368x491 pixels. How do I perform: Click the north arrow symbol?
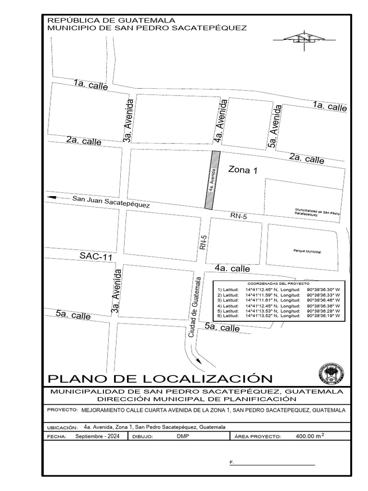(303, 39)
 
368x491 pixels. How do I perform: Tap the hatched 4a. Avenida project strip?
(212, 180)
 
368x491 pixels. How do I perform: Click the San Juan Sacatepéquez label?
(111, 201)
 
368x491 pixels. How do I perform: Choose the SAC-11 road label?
(96, 257)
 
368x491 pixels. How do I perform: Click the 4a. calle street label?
(232, 269)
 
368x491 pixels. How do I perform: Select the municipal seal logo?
(331, 373)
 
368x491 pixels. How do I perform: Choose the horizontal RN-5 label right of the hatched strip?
(239, 217)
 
